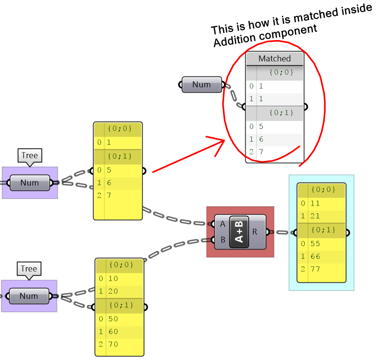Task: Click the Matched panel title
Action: point(275,59)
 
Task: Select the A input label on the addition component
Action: point(222,224)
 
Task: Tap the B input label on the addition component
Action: point(222,240)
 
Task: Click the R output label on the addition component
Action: point(255,232)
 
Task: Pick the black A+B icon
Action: point(239,232)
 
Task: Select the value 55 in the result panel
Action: point(315,244)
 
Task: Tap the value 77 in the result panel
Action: point(315,269)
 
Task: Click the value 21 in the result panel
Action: point(315,216)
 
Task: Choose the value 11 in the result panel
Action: point(315,203)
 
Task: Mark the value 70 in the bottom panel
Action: point(113,344)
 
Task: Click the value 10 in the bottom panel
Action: point(113,278)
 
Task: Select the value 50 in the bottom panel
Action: point(113,319)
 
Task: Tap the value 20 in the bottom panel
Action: point(113,291)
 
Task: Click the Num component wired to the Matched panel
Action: point(202,84)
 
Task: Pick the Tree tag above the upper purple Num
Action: point(29,155)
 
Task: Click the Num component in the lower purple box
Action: point(29,296)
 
